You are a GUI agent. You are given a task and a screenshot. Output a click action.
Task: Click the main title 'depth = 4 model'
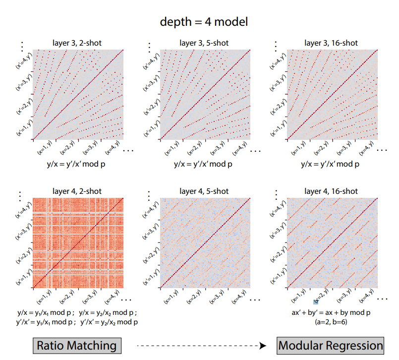tap(204, 22)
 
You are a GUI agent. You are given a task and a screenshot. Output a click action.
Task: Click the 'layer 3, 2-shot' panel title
tap(77, 43)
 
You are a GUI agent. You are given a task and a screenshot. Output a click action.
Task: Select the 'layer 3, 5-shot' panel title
tap(204, 43)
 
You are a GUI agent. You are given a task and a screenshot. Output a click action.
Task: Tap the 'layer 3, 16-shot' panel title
tap(331, 43)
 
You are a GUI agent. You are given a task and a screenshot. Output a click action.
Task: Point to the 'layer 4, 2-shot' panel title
tap(77, 191)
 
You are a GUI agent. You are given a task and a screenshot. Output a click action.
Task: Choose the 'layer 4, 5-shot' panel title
tap(204, 191)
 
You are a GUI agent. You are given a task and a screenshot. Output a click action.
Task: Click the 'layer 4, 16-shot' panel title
tap(331, 191)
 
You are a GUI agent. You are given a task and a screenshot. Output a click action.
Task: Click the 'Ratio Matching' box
tap(77, 346)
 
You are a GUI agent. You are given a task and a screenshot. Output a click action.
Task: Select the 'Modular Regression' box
tap(330, 346)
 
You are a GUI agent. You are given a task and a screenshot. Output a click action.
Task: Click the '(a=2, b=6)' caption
tap(331, 322)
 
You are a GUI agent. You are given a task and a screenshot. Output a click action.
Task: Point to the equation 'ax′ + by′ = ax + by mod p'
tap(331, 312)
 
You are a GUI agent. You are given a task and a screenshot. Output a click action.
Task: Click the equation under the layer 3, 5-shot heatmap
tap(203, 164)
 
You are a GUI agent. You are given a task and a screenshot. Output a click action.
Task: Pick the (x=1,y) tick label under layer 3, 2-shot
tap(45, 147)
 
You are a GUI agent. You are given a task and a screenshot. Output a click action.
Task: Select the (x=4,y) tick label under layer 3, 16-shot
tap(366, 148)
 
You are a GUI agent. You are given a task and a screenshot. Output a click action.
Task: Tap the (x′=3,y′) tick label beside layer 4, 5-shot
tap(150, 231)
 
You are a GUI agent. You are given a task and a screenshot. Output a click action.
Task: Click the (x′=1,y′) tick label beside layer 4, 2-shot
tap(24, 277)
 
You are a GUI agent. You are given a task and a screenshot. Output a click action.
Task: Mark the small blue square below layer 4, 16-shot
tap(316, 302)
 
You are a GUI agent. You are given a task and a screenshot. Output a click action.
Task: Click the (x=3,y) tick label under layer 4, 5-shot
tap(217, 297)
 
